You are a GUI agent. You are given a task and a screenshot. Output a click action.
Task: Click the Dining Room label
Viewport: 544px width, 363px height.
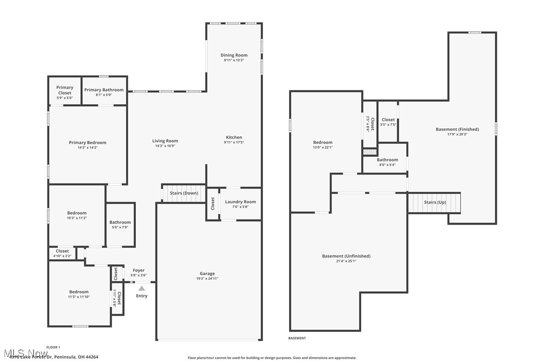point(234,55)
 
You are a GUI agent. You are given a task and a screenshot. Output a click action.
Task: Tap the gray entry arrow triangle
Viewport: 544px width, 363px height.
point(142,288)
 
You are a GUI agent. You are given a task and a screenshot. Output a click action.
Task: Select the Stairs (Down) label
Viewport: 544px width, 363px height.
point(184,193)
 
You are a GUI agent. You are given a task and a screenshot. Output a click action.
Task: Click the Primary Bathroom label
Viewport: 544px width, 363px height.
point(104,90)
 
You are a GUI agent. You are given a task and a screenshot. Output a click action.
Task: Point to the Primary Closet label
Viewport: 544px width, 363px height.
point(65,90)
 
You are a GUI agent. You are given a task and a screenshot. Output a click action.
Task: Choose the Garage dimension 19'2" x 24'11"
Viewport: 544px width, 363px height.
point(207,279)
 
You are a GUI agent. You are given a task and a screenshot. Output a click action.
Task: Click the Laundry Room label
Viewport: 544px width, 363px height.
point(240,202)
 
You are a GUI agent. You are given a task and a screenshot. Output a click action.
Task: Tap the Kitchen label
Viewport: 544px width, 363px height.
point(234,137)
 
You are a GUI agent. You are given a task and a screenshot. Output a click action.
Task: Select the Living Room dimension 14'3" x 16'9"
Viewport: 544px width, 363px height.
point(165,146)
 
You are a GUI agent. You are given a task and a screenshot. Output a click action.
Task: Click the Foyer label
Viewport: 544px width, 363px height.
point(138,270)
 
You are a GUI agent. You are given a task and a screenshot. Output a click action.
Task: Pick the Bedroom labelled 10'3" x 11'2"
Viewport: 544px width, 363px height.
point(77,213)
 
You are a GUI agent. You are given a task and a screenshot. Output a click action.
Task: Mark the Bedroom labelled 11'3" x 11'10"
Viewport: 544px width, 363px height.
point(79,292)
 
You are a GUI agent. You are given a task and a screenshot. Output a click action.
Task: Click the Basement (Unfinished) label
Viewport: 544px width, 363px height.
point(346,256)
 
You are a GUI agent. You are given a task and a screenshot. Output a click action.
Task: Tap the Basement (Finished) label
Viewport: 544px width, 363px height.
point(457,129)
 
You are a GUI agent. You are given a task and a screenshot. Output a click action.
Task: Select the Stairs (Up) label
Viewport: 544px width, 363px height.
point(434,202)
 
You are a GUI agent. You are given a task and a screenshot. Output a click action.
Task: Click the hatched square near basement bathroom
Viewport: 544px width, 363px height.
point(369,151)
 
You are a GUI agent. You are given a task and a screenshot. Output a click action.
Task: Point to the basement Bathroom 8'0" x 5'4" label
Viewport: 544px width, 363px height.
point(387,160)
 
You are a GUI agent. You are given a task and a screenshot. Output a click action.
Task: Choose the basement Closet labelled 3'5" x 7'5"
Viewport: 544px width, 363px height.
point(388,120)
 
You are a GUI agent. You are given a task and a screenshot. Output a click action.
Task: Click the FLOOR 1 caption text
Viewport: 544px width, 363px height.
point(53,347)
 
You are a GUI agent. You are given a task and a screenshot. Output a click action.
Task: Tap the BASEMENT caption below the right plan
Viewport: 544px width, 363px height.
point(297,338)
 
